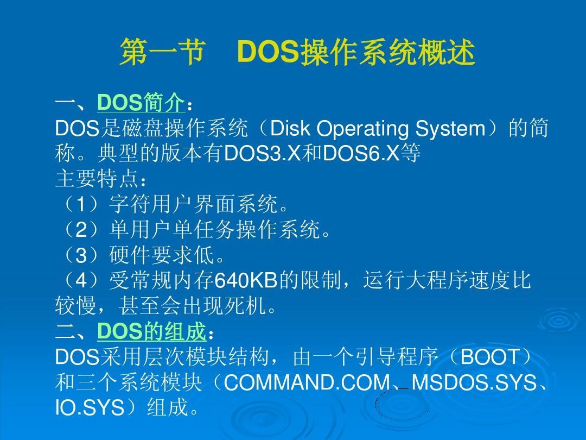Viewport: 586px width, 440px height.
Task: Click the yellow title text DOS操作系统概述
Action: pyautogui.click(x=356, y=52)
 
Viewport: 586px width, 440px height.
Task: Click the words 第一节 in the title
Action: pyautogui.click(x=163, y=52)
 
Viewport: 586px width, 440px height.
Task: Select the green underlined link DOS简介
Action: pyautogui.click(x=141, y=102)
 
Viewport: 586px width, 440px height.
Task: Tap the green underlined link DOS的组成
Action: pyautogui.click(x=151, y=331)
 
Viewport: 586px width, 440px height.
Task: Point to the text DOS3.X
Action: pyautogui.click(x=262, y=153)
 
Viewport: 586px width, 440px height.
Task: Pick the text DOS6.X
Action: pyautogui.click(x=361, y=153)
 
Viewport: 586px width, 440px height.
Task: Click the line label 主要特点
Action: pyautogui.click(x=97, y=179)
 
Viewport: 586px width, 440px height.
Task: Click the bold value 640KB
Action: pyautogui.click(x=246, y=280)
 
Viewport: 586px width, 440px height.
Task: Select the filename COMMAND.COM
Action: pyautogui.click(x=307, y=382)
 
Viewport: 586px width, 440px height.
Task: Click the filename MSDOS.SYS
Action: pyautogui.click(x=474, y=382)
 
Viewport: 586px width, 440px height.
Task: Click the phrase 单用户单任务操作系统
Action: pyautogui.click(x=214, y=229)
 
